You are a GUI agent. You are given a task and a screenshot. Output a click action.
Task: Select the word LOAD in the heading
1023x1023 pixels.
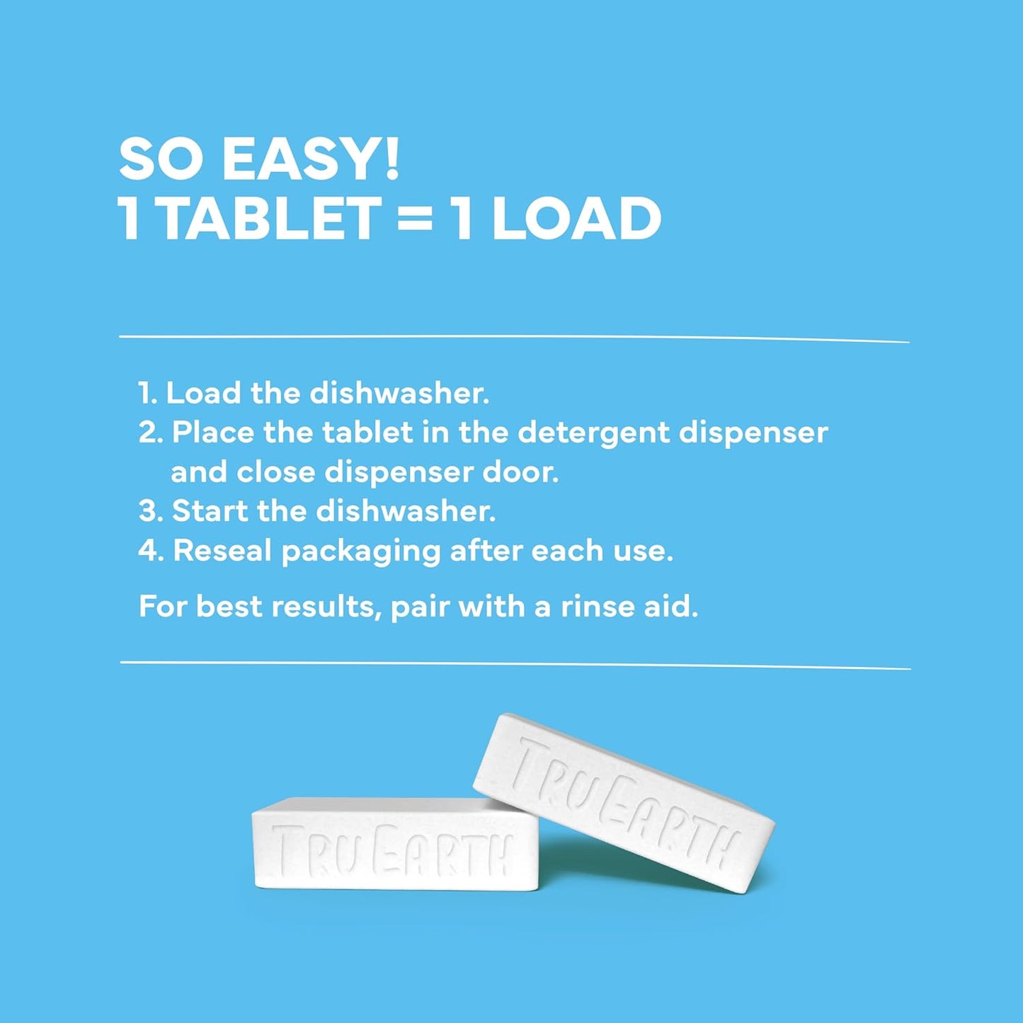[576, 219]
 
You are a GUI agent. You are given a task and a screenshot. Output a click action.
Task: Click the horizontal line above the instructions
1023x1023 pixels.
[514, 338]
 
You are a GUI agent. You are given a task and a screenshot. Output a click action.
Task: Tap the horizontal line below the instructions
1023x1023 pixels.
[515, 665]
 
